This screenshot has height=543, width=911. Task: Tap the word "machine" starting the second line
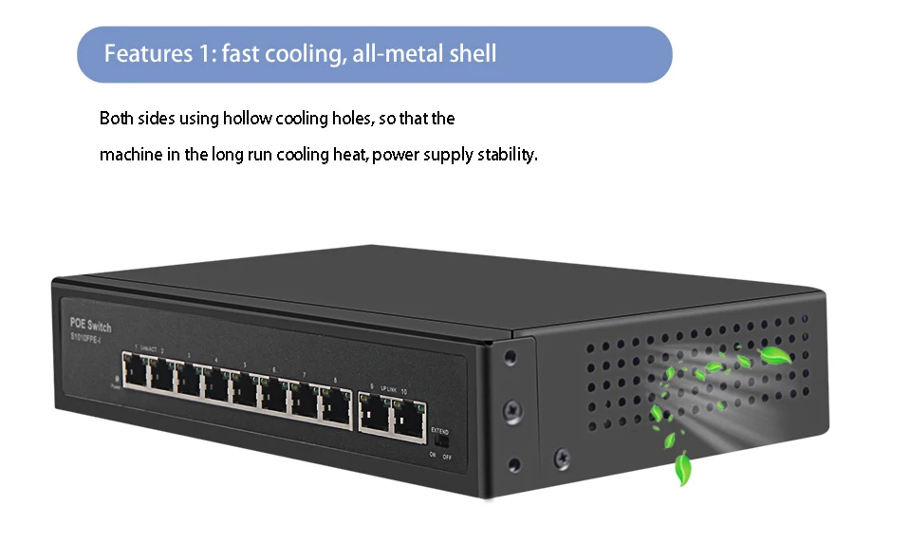tap(130, 154)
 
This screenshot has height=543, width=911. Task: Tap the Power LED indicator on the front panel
tap(115, 377)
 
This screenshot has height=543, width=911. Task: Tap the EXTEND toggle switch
tap(438, 441)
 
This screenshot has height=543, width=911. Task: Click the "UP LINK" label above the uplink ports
tap(388, 389)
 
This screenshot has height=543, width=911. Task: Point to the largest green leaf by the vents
tap(776, 356)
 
